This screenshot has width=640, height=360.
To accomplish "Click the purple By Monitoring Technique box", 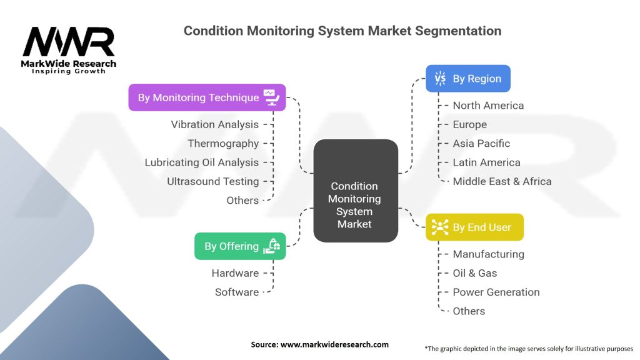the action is [x=207, y=97].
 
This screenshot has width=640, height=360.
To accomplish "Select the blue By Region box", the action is [x=467, y=78].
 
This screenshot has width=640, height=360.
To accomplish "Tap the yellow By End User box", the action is [x=474, y=227].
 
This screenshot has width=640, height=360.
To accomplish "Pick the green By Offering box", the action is [x=240, y=246].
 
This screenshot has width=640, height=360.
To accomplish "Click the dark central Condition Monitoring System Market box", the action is [x=356, y=191].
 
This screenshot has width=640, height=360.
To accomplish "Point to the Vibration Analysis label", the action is [x=215, y=124].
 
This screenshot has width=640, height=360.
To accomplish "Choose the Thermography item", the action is [x=223, y=143].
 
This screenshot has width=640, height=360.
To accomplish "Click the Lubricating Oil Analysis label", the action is [x=202, y=162].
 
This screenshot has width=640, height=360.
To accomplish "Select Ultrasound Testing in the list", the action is [x=212, y=181].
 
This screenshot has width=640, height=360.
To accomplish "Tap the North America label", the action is [x=488, y=105].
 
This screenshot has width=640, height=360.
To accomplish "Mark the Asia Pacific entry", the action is [x=481, y=143].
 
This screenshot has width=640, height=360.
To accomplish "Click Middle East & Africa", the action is [x=502, y=181].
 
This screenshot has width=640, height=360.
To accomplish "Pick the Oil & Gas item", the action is [x=475, y=273].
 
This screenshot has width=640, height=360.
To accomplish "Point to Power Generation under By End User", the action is [x=496, y=292].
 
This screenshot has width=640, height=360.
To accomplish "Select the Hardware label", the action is [x=235, y=273].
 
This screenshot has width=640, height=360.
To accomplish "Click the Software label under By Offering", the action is [x=237, y=292].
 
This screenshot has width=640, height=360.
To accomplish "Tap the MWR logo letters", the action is [x=69, y=42].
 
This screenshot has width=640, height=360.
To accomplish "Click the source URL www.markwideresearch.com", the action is [x=334, y=344].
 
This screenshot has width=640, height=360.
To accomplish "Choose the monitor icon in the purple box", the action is [x=271, y=97].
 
